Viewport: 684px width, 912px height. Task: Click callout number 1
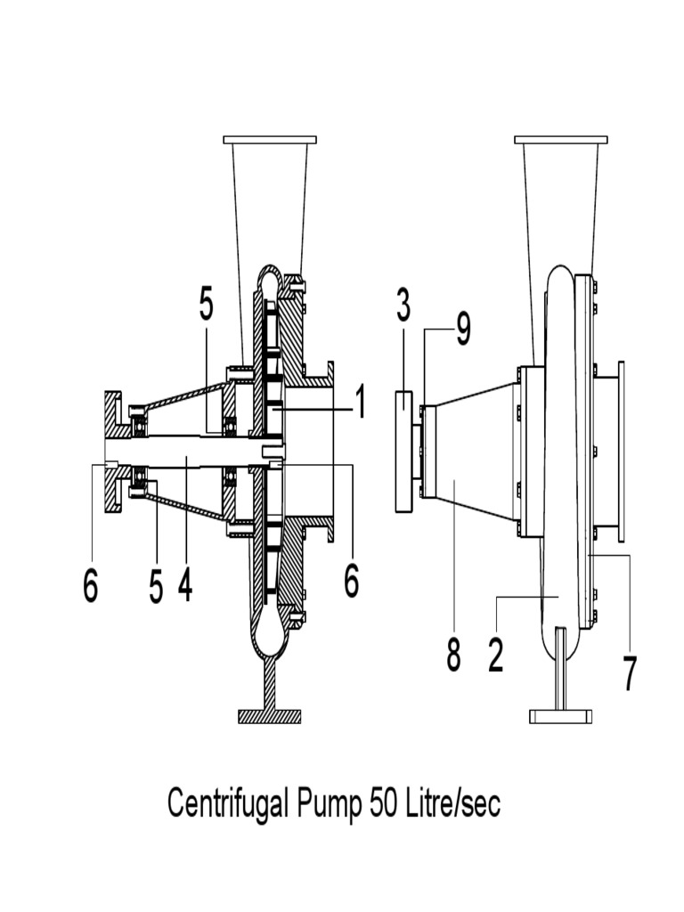point(359,403)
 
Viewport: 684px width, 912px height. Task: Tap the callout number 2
point(496,655)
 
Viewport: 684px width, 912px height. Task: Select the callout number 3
point(403,307)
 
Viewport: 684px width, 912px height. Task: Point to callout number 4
point(185,585)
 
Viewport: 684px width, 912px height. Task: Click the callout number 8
point(453,655)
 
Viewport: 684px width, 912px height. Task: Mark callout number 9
point(463,330)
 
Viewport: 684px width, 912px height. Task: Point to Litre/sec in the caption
point(453,804)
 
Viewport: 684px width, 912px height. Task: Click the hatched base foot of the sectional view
point(270,715)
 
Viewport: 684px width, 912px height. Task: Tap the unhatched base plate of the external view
point(560,715)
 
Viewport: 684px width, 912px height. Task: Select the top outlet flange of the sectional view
point(270,140)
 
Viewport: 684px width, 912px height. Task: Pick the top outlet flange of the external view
point(561,140)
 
